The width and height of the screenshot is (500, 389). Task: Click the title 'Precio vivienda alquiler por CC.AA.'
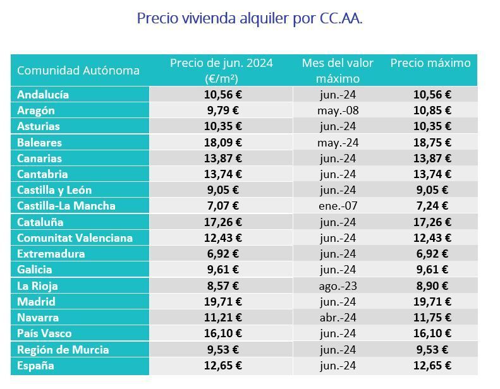click(250, 18)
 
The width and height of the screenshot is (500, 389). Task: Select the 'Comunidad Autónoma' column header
click(78, 70)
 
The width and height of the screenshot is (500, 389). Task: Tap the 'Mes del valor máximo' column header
click(338, 71)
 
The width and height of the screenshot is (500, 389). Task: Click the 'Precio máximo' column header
click(430, 63)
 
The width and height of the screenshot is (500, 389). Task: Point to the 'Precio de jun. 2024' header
click(221, 71)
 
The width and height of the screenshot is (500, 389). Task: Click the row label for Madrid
click(36, 302)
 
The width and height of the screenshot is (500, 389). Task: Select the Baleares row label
click(39, 143)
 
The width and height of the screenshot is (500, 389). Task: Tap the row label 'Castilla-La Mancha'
click(66, 206)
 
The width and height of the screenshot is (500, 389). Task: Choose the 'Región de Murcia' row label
click(63, 349)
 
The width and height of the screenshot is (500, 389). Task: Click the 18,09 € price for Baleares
click(223, 143)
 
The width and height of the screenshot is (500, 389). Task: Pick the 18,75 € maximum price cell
click(432, 143)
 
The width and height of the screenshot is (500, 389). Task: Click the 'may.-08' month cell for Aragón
click(338, 111)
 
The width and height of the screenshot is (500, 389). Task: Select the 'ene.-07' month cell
click(338, 206)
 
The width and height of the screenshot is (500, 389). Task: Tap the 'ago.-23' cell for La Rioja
click(338, 285)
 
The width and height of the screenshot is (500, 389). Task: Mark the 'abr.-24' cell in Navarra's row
click(338, 318)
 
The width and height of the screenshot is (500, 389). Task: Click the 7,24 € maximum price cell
click(432, 206)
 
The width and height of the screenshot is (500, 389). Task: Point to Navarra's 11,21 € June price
click(223, 318)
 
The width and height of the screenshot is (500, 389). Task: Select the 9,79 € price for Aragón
click(223, 111)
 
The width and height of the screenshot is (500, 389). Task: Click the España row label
click(35, 366)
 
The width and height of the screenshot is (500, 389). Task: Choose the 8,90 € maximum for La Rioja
click(432, 285)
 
